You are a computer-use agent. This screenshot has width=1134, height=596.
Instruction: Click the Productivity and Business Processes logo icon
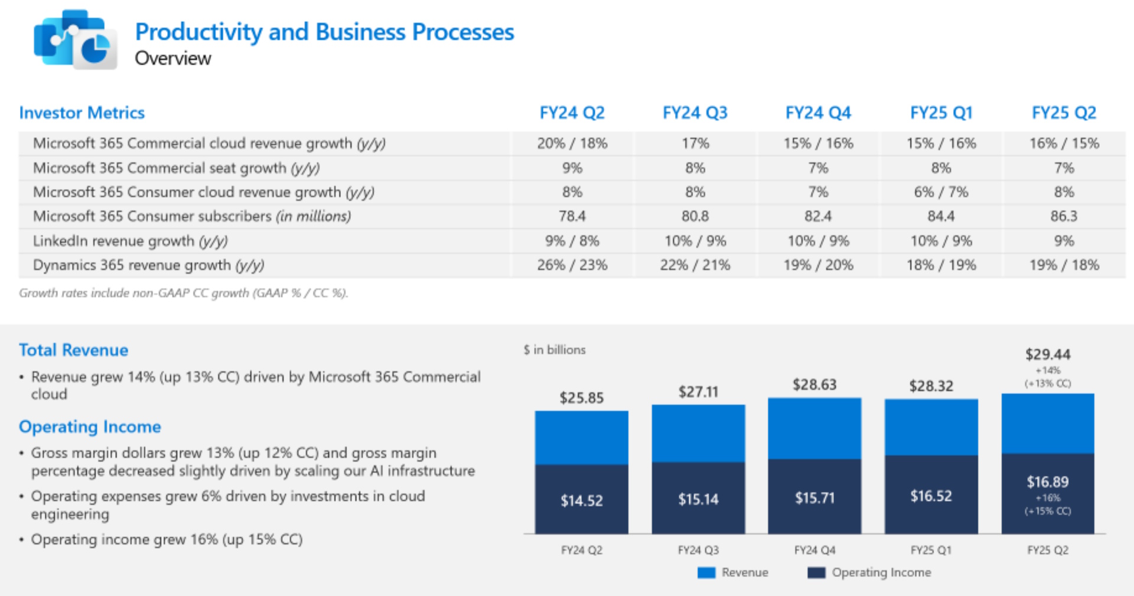pyautogui.click(x=75, y=40)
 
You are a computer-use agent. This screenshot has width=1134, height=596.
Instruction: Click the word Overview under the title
pyautogui.click(x=172, y=58)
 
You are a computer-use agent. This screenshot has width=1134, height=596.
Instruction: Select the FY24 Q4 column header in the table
pyautogui.click(x=818, y=113)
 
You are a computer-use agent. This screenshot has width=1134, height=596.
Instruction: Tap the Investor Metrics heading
pyautogui.click(x=82, y=113)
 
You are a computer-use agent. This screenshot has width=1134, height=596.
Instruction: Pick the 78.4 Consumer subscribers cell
pyautogui.click(x=572, y=216)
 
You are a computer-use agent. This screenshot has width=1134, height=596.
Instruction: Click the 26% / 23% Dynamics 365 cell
pyautogui.click(x=572, y=265)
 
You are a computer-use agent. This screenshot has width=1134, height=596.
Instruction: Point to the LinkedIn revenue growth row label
pyautogui.click(x=130, y=241)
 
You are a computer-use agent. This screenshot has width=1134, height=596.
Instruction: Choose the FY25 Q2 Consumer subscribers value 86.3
pyautogui.click(x=1064, y=216)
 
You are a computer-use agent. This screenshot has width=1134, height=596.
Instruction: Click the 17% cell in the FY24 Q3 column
pyautogui.click(x=695, y=144)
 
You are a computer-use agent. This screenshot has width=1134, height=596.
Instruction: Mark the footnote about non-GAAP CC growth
pyautogui.click(x=184, y=293)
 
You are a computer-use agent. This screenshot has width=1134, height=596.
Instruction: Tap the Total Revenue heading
pyautogui.click(x=73, y=350)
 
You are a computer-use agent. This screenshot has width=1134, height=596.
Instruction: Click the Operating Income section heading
pyautogui.click(x=90, y=427)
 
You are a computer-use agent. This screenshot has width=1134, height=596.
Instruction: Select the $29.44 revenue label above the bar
pyautogui.click(x=1047, y=354)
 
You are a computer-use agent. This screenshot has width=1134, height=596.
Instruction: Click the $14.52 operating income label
pyautogui.click(x=582, y=501)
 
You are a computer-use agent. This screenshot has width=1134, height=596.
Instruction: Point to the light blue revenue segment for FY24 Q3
pyautogui.click(x=698, y=433)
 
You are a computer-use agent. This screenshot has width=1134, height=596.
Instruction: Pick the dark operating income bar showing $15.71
pyautogui.click(x=814, y=497)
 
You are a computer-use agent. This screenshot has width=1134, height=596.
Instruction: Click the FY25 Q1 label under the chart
pyautogui.click(x=931, y=550)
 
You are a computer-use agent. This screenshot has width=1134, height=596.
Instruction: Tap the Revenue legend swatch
pyautogui.click(x=706, y=572)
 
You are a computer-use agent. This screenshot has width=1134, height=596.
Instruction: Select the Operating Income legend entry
pyautogui.click(x=869, y=572)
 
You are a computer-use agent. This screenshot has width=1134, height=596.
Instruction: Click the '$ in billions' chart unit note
pyautogui.click(x=554, y=350)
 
